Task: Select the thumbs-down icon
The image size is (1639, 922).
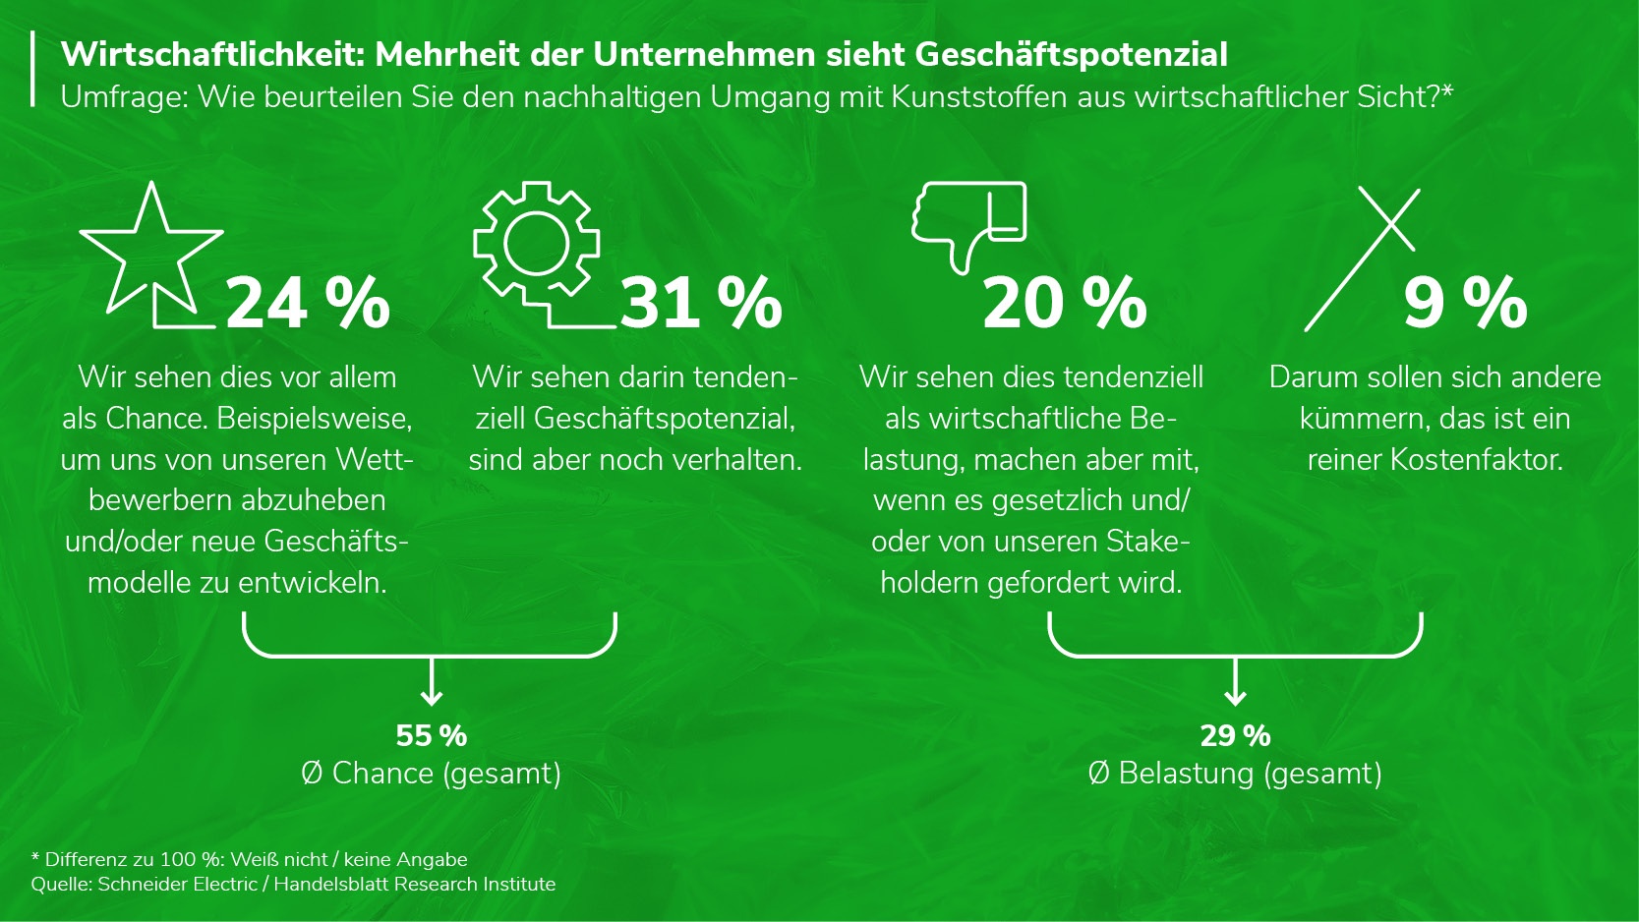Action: pos(968,224)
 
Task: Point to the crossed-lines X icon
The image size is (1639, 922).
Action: pos(1363,258)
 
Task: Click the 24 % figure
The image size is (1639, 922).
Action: pos(308,303)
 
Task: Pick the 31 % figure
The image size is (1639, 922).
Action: pos(701,303)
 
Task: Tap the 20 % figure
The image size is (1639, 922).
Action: pos(1065,303)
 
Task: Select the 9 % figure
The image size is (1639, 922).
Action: pos(1464,303)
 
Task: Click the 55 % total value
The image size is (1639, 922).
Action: pos(431,735)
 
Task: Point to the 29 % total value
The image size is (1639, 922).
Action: pos(1235,735)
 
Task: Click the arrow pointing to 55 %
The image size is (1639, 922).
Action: pos(431,684)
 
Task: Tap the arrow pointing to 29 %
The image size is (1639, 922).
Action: pos(1235,684)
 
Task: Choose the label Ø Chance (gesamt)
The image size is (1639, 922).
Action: pos(431,774)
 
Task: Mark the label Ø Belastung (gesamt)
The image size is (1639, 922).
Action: pos(1235,774)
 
